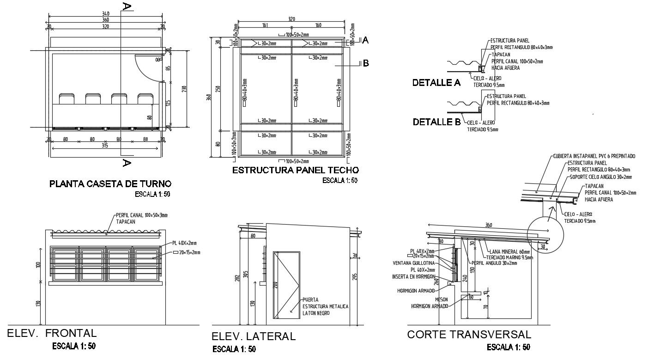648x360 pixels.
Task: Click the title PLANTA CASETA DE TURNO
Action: [x=110, y=184]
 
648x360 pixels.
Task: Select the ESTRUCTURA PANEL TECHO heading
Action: [x=295, y=170]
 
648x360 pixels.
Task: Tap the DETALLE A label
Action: [x=436, y=83]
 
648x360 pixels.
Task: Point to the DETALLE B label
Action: [x=436, y=122]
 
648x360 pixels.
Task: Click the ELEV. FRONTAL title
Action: [x=52, y=333]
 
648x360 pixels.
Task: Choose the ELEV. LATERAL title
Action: [x=253, y=336]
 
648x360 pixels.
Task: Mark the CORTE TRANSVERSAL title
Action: [x=469, y=335]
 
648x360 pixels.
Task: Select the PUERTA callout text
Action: [x=310, y=300]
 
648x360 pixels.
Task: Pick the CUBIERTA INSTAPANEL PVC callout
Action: [x=593, y=156]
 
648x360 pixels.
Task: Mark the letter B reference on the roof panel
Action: [x=366, y=63]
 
